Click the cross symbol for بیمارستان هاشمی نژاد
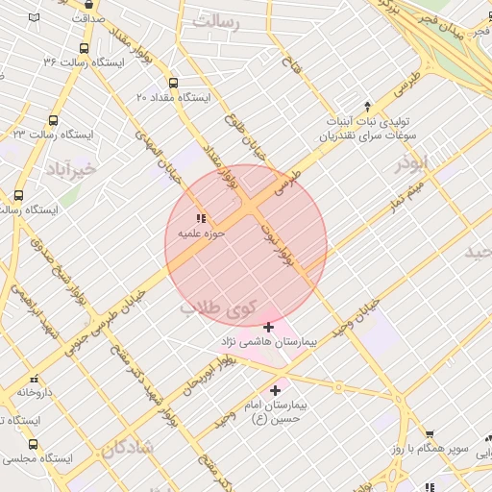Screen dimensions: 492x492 tap(268, 329)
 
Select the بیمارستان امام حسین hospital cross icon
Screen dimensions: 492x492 tap(277, 390)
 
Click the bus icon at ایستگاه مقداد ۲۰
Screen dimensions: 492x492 tap(173, 84)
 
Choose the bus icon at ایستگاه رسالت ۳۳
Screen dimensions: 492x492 tap(52, 121)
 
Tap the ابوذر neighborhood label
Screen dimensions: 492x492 tap(411, 165)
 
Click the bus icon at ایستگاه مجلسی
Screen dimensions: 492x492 tap(34, 444)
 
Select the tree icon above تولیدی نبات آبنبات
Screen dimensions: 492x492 tap(366, 107)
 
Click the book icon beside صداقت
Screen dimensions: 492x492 tap(36, 18)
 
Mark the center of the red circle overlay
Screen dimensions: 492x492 tap(246, 245)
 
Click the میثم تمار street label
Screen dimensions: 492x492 tap(400, 202)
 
